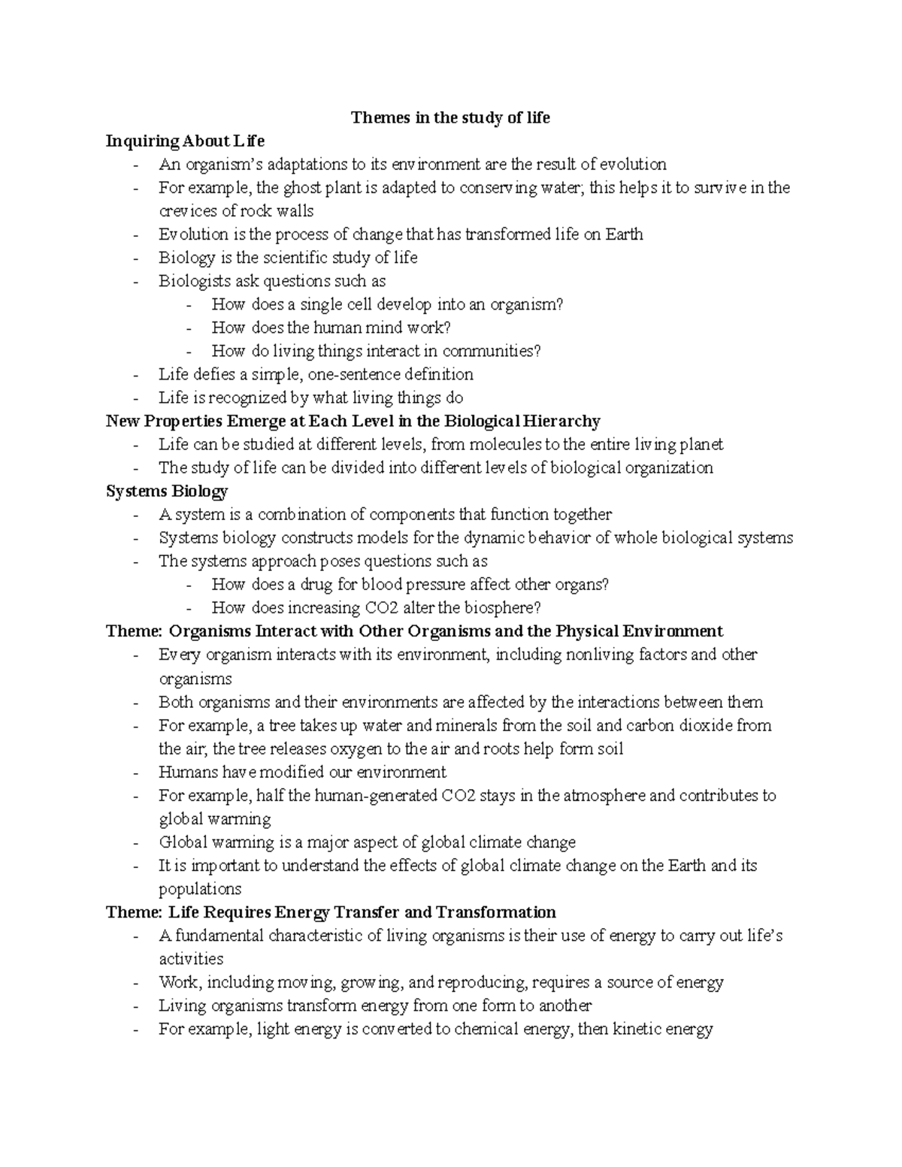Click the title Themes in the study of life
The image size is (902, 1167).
click(450, 118)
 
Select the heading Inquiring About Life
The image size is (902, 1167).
click(185, 141)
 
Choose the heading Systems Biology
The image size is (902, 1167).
click(167, 491)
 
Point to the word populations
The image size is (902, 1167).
click(200, 890)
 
